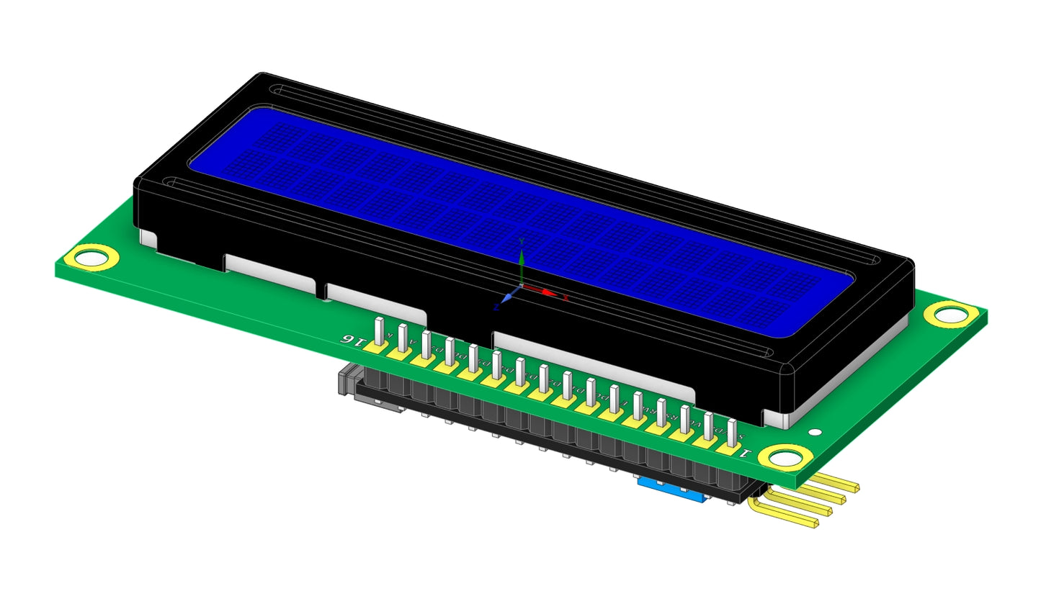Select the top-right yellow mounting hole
(x=950, y=313)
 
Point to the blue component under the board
(x=670, y=491)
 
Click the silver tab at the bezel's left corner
(x=148, y=238)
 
